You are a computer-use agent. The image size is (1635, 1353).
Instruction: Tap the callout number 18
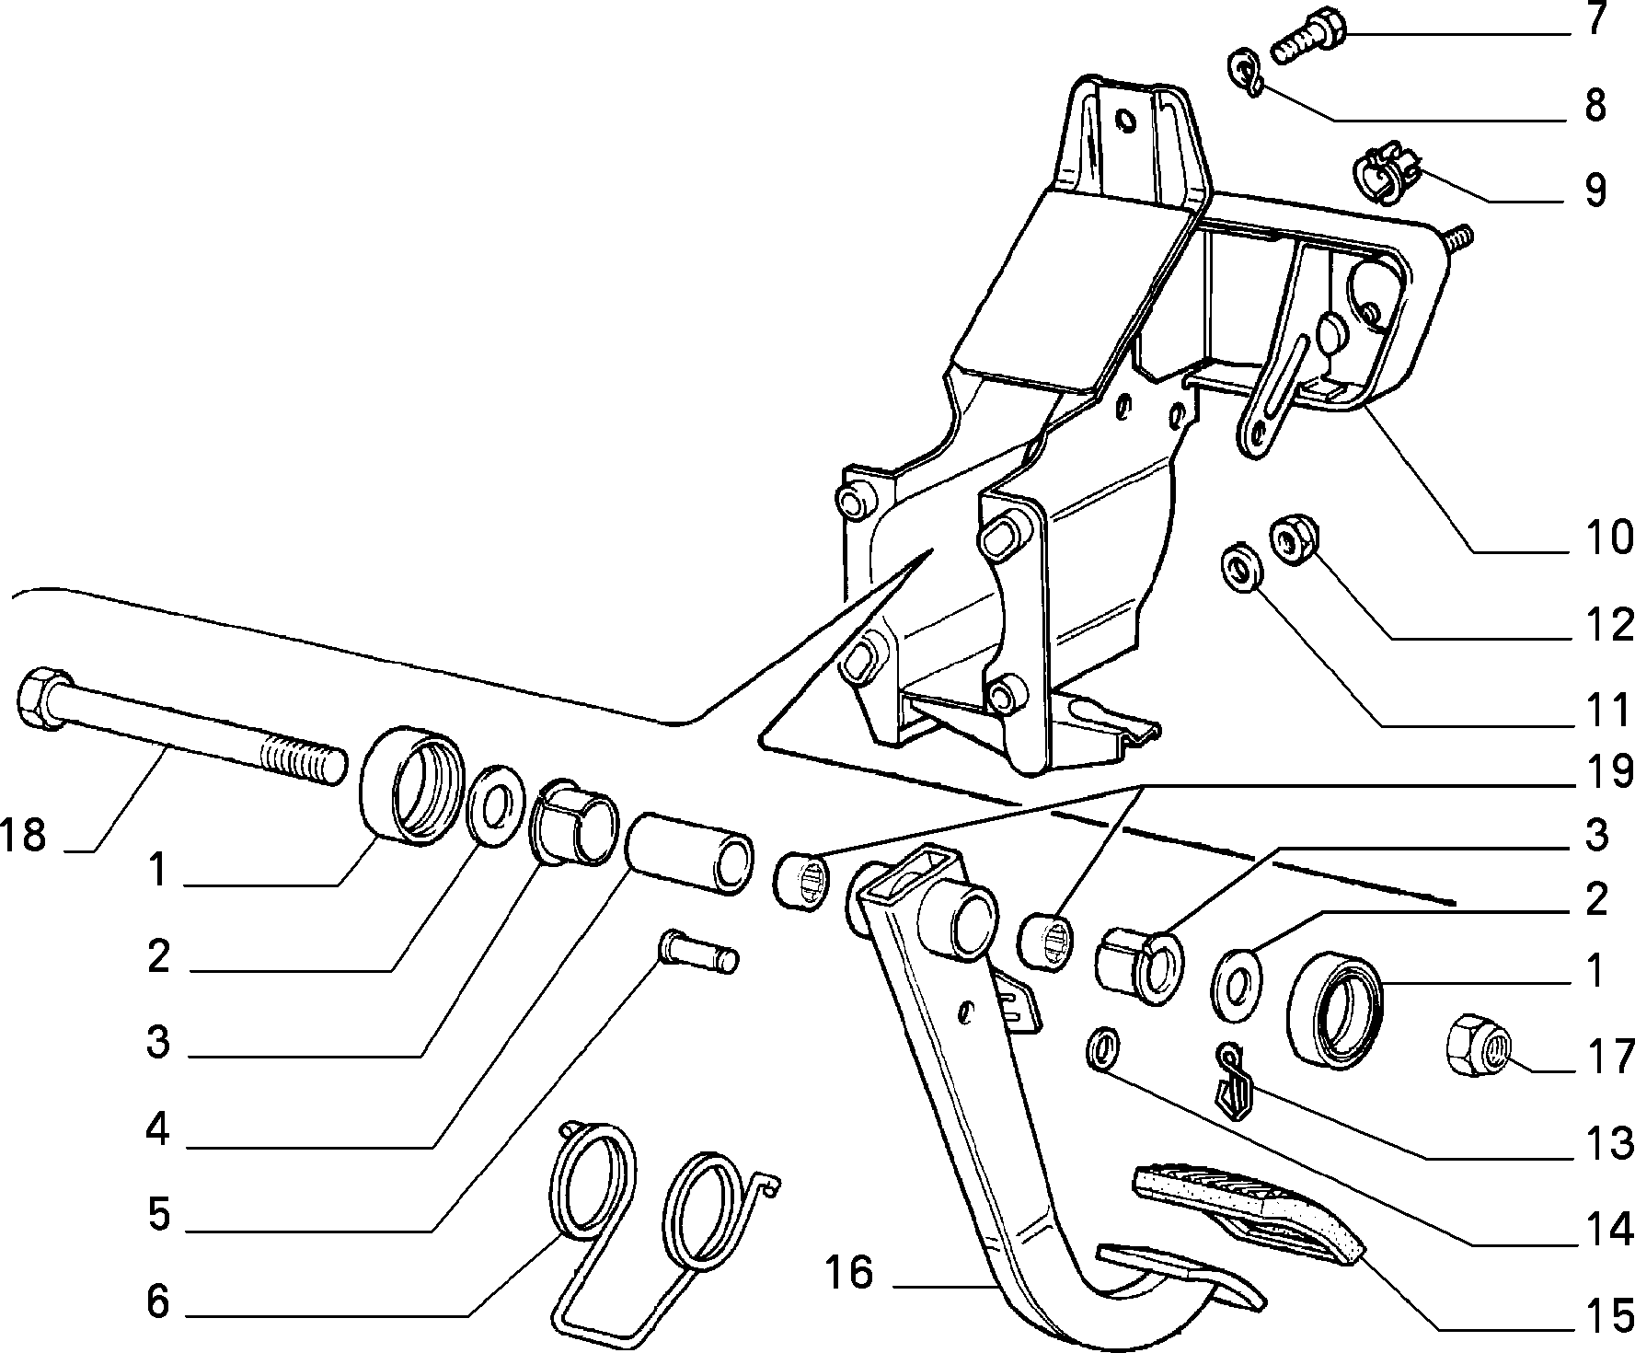24,836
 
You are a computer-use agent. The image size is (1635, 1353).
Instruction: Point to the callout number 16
848,1275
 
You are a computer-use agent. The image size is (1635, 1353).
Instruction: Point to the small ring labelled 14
1103,1048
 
